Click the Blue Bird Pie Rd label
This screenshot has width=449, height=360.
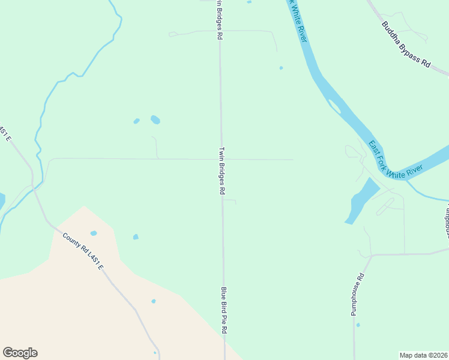click(224, 310)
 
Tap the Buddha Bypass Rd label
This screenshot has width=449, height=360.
click(406, 44)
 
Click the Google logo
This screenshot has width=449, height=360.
click(20, 353)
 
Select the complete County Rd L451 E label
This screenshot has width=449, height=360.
click(83, 251)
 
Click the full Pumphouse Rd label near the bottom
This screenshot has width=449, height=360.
click(358, 295)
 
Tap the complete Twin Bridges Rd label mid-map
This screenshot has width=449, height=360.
click(221, 171)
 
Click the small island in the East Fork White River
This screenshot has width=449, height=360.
click(334, 107)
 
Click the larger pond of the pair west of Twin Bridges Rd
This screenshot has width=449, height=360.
click(155, 119)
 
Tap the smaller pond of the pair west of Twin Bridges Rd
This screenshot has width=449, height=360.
click(136, 121)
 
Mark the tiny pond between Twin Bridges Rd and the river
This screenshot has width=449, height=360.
click(281, 68)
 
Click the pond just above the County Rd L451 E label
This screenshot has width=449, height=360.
click(94, 233)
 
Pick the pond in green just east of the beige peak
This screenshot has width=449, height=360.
click(136, 236)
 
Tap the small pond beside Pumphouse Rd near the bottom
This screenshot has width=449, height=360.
click(358, 325)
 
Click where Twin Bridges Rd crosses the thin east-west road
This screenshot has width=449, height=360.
click(221, 160)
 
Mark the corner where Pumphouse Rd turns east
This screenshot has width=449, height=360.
click(372, 255)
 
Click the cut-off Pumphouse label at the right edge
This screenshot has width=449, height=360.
click(447, 218)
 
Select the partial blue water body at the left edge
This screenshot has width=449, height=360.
click(2, 201)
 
